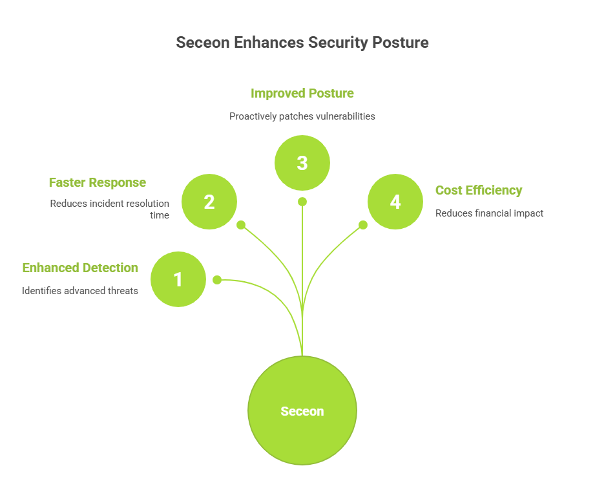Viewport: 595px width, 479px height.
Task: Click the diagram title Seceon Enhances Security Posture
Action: [x=302, y=43]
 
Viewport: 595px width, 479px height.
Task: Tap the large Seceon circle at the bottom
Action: [x=302, y=411]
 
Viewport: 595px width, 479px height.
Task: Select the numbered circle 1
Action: [x=178, y=279]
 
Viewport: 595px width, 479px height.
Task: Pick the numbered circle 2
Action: [x=209, y=202]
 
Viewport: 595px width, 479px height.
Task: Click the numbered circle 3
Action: [x=302, y=163]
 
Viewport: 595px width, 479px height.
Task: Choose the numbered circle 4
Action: [x=395, y=202]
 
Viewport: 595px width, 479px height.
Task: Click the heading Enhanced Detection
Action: [x=80, y=268]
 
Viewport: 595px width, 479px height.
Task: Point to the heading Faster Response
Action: [x=98, y=182]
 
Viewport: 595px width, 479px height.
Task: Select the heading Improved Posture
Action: [x=302, y=93]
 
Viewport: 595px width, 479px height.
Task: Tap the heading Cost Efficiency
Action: [x=479, y=190]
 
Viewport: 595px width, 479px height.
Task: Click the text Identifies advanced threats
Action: [x=80, y=291]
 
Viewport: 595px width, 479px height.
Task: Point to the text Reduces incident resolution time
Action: [x=110, y=209]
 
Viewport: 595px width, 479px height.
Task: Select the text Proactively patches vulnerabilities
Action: [x=302, y=116]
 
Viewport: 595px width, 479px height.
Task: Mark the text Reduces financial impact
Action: [x=489, y=213]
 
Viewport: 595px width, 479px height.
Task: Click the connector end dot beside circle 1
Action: [x=217, y=280]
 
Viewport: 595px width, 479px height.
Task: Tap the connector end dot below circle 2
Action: [x=241, y=225]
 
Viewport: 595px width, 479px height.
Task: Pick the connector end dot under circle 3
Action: [x=302, y=202]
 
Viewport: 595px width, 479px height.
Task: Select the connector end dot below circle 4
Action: [x=363, y=225]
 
